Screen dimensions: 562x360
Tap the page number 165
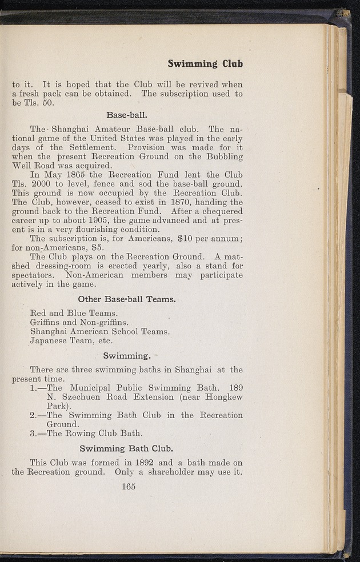[x=128, y=487]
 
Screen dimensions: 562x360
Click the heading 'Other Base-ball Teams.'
[x=127, y=299]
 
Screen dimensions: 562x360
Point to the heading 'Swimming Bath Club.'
[x=127, y=448]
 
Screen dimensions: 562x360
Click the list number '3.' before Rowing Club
[x=34, y=433]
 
